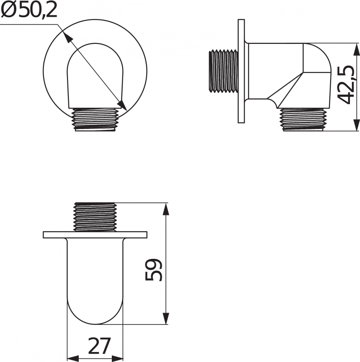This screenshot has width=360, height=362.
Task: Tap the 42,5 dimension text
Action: point(346,85)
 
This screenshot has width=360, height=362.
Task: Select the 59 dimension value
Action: point(154,270)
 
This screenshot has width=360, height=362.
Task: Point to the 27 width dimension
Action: point(99,346)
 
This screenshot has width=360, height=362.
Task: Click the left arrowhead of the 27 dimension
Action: point(72,358)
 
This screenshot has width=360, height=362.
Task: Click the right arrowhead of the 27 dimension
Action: point(117,358)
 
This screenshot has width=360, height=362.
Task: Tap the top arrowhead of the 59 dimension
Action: point(166,209)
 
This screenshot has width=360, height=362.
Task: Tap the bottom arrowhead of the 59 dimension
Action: point(166,319)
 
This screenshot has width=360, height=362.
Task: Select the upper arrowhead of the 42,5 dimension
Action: point(357,49)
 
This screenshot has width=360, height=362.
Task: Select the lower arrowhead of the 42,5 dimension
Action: point(357,125)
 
